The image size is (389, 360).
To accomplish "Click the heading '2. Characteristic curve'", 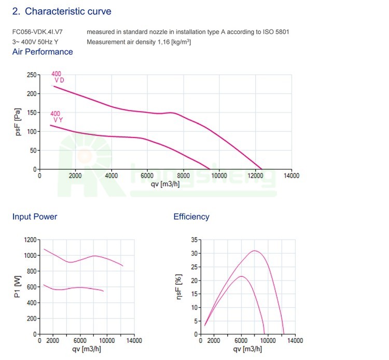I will [61, 11].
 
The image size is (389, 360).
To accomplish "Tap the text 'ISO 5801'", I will [276, 32].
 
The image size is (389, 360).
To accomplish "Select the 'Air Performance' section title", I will [43, 52].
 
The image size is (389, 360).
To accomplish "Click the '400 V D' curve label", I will [57, 77].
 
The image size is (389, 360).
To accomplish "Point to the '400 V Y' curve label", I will [56, 117].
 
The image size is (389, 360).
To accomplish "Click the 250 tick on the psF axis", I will [32, 75].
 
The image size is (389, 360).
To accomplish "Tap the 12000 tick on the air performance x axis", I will [255, 176].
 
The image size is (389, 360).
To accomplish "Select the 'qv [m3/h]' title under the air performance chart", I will [165, 184].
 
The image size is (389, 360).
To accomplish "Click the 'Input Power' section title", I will [35, 217].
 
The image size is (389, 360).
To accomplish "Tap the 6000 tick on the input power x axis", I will [80, 341].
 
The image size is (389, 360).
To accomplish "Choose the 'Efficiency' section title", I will [191, 217].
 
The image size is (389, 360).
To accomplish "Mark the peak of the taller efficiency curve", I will [255, 251].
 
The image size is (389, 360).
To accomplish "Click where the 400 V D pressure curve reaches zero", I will [261, 169].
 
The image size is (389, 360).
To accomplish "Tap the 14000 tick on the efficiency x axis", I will [295, 341].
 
